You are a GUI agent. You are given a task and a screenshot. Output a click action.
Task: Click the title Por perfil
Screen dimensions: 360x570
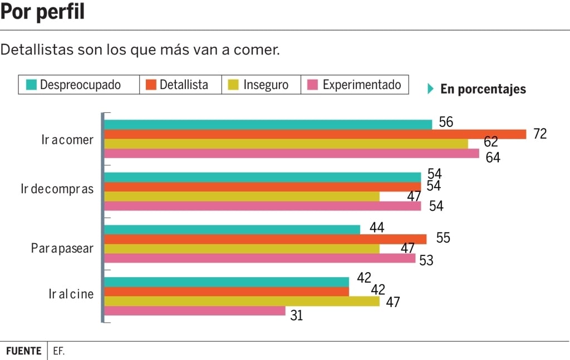43,12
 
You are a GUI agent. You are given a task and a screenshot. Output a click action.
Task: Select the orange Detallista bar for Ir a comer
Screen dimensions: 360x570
315,134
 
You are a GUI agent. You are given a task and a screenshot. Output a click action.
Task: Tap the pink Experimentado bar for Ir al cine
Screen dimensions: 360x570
195,311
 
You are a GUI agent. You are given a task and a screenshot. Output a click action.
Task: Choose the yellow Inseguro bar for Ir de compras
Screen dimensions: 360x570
242,196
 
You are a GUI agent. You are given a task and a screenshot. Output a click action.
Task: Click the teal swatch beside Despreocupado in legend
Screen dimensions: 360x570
31,85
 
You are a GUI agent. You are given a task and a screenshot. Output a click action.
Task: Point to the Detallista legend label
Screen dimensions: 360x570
184,85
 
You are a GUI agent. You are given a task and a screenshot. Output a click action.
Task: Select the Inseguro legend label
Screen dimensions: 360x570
266,85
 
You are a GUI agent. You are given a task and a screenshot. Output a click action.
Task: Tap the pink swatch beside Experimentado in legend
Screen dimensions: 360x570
313,85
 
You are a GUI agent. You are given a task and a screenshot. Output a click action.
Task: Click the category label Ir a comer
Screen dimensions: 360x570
67,140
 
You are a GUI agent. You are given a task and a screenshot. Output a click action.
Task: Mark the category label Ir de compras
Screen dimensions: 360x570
57,189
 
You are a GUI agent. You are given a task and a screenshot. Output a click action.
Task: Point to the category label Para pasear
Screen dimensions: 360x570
62,248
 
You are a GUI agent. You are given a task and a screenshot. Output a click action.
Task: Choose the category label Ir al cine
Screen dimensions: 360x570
71,294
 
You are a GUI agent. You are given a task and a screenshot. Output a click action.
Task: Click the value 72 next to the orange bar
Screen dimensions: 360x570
539,134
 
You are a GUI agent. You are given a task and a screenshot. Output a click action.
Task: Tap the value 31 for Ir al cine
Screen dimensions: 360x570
297,315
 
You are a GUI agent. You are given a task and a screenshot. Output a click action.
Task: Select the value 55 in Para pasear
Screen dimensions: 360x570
443,238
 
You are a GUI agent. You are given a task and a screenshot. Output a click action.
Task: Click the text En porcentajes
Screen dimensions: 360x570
483,89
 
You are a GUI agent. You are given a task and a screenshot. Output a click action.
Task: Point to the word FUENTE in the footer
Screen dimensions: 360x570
23,351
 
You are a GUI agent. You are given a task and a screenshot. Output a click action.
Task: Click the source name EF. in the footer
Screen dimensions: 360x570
60,351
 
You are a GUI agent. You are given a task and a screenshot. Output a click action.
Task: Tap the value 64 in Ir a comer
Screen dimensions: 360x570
493,157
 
